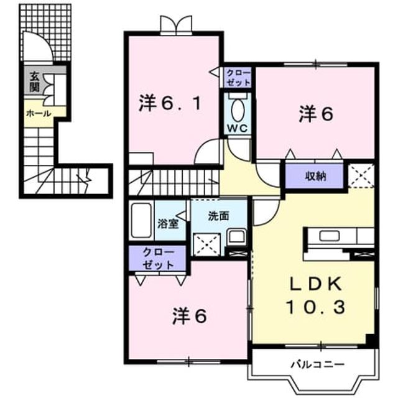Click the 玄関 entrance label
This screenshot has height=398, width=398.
pyautogui.click(x=34, y=81)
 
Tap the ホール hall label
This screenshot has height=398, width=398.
pyautogui.click(x=39, y=113)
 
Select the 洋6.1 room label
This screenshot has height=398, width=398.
pyautogui.click(x=170, y=104)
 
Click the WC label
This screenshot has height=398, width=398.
pyautogui.click(x=237, y=129)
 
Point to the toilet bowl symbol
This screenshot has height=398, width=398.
pyautogui.click(x=238, y=109)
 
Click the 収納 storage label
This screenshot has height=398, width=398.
pyautogui.click(x=315, y=176)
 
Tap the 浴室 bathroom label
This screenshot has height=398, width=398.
pyautogui.click(x=168, y=224)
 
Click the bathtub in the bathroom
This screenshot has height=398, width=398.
pyautogui.click(x=141, y=220)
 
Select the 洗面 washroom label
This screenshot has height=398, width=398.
pyautogui.click(x=218, y=216)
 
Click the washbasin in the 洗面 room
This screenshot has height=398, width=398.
pyautogui.click(x=236, y=237)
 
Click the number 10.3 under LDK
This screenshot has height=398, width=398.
pyautogui.click(x=315, y=307)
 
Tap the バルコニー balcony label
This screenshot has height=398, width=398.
pyautogui.click(x=318, y=364)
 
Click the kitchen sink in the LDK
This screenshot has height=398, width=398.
pyautogui.click(x=329, y=236)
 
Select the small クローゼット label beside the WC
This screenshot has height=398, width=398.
pyautogui.click(x=238, y=78)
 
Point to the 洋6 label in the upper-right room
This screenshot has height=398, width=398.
pyautogui.click(x=315, y=114)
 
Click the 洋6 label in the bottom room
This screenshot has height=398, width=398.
pyautogui.click(x=190, y=317)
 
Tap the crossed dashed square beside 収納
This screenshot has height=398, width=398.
pyautogui.click(x=361, y=175)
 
